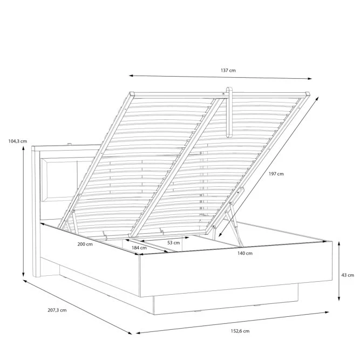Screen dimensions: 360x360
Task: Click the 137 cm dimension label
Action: point(228,70)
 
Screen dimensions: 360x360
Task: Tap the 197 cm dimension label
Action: point(276,174)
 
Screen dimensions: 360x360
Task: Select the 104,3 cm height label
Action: point(18,141)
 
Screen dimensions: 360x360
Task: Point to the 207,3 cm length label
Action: point(57,310)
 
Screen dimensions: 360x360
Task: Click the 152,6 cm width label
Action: point(240,331)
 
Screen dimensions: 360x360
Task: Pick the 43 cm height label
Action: point(348,275)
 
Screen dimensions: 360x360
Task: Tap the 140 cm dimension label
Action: point(244,253)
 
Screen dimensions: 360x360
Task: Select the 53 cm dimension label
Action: point(174,243)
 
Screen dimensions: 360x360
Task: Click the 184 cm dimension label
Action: point(139,248)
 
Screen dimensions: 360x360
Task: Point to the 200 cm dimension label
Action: point(85,244)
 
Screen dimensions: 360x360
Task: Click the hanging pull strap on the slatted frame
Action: point(229,112)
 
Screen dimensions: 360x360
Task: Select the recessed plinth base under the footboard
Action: point(226,299)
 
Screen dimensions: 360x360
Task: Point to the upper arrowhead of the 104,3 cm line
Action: point(23,147)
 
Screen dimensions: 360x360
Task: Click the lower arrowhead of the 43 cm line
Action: point(339,299)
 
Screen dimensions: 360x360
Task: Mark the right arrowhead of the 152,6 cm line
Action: point(327,313)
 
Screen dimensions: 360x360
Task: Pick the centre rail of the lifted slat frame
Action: point(176,168)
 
